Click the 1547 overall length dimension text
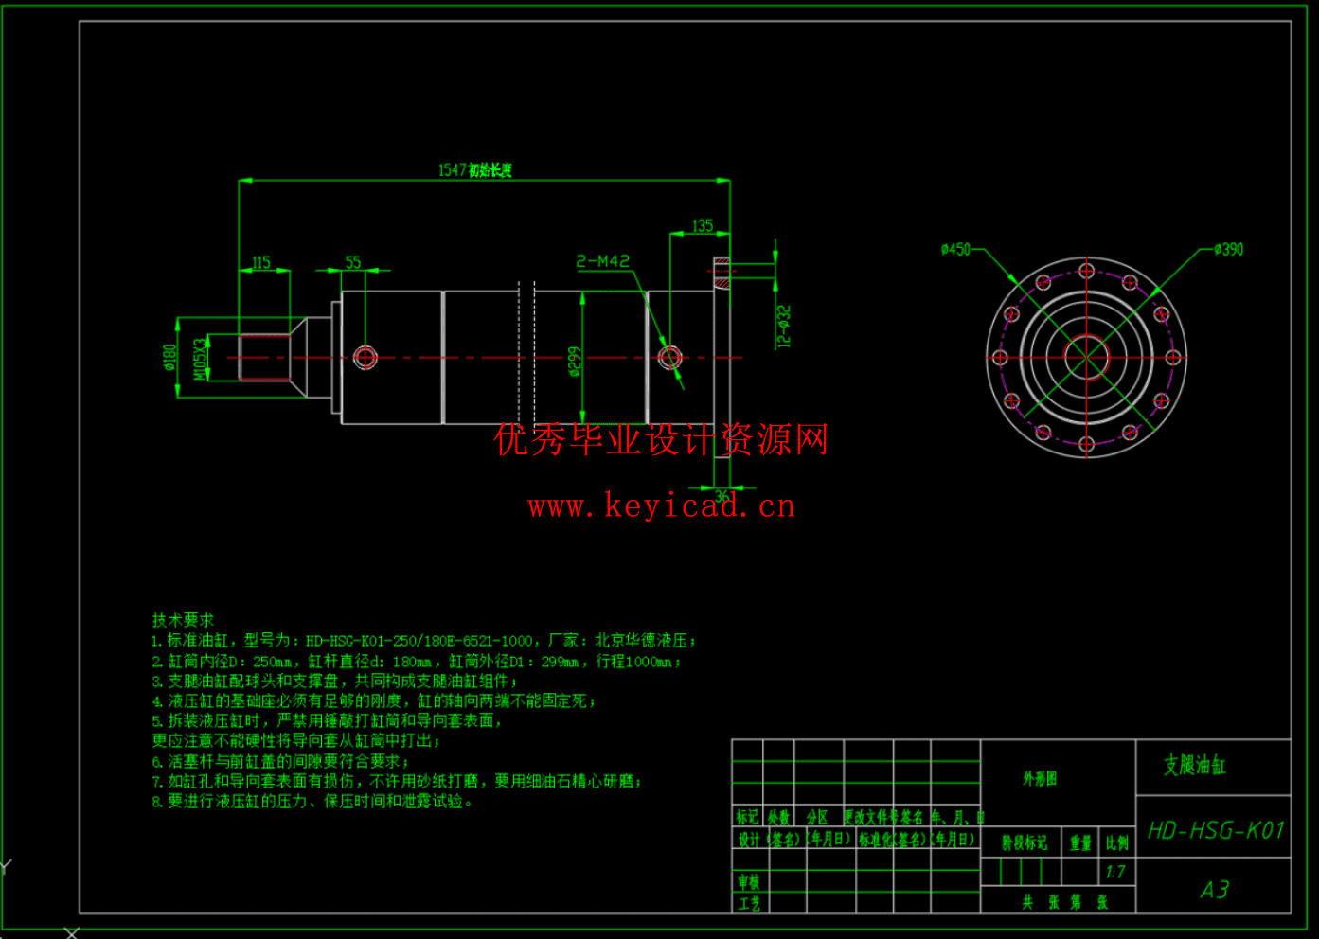[x=474, y=170]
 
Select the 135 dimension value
[x=702, y=226]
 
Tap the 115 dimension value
[x=261, y=262]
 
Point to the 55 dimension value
[x=353, y=262]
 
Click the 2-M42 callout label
[x=603, y=261]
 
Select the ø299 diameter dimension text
[x=575, y=361]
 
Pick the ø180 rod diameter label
[x=170, y=358]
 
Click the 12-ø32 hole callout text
[x=783, y=327]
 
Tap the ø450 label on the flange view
[x=955, y=249]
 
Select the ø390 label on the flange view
[x=1228, y=250]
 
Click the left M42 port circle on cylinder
[x=365, y=358]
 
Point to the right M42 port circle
[x=669, y=358]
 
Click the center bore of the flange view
[x=1086, y=358]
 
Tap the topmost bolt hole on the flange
[x=1086, y=272]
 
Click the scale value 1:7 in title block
[x=1115, y=872]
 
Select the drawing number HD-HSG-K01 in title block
[x=1215, y=831]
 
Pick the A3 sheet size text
[x=1215, y=890]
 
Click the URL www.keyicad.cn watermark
[x=662, y=506]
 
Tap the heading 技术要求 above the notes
[x=183, y=620]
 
